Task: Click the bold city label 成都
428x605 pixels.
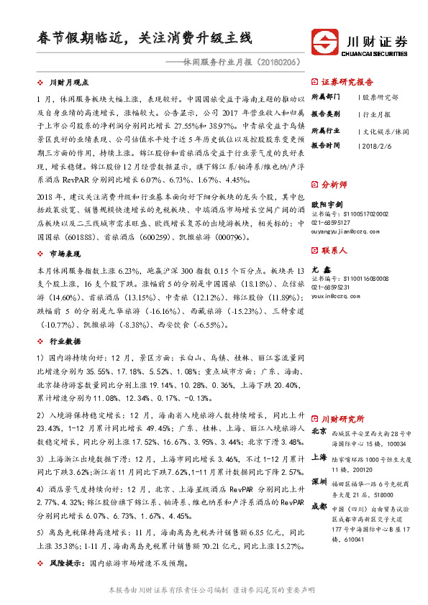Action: point(319,506)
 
